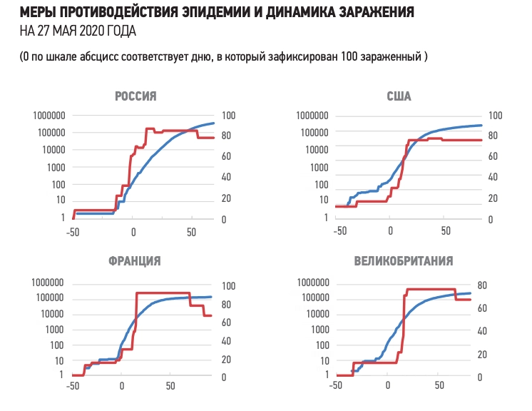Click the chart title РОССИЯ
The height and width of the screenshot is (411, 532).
(x=135, y=96)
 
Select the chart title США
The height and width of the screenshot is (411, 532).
(x=399, y=96)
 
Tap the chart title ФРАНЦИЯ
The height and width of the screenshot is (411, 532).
(x=134, y=260)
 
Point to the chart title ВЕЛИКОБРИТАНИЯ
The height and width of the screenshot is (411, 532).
(x=404, y=260)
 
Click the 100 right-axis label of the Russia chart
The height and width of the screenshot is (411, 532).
(x=230, y=116)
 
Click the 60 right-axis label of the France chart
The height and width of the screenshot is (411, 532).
(x=227, y=323)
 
